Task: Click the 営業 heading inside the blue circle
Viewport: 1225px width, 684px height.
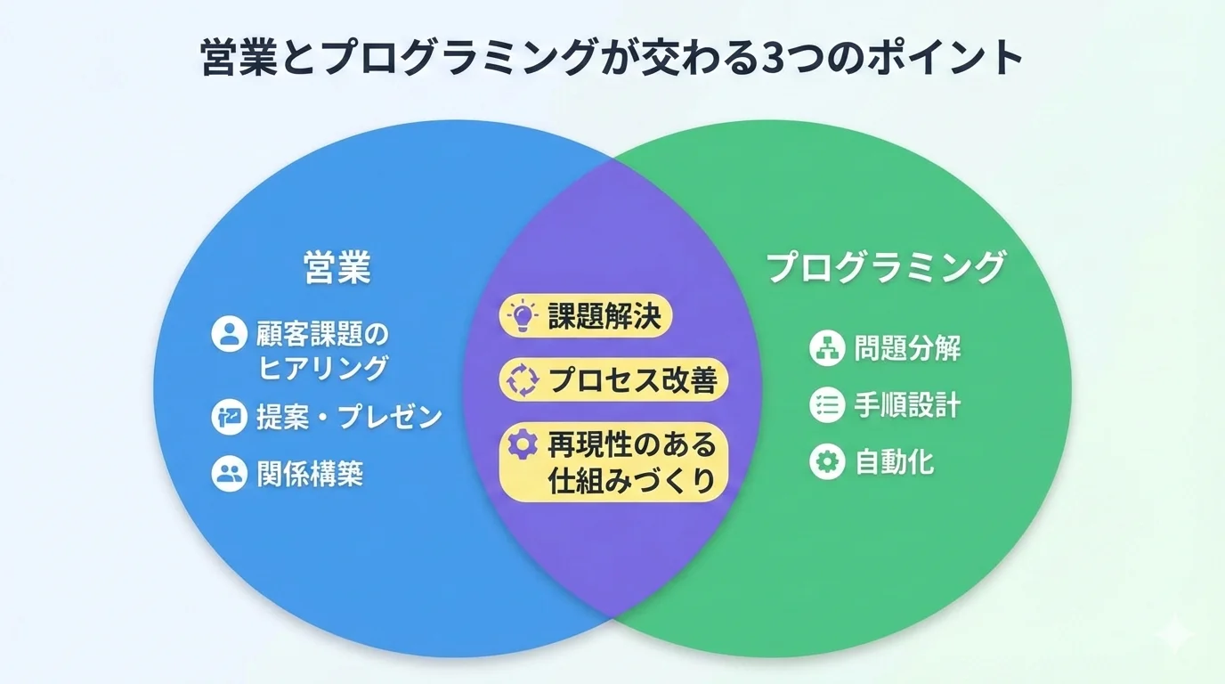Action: [x=337, y=267]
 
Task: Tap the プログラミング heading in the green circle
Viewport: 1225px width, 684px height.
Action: [x=886, y=267]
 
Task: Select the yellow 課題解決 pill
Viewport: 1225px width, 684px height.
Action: [x=586, y=316]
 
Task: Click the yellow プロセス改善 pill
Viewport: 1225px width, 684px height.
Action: [x=613, y=379]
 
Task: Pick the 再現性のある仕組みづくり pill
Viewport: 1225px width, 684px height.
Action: [x=613, y=462]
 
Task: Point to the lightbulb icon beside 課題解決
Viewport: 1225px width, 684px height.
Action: [x=523, y=316]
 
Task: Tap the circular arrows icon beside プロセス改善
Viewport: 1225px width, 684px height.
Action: [x=523, y=379]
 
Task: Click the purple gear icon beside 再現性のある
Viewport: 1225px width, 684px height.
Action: [x=523, y=444]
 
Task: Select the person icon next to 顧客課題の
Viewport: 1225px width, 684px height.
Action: [x=229, y=333]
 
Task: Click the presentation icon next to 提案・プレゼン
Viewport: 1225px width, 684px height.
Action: [x=229, y=417]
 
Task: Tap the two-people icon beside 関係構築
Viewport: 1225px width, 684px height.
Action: [x=229, y=473]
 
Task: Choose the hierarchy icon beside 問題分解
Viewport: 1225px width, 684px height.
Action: [x=827, y=348]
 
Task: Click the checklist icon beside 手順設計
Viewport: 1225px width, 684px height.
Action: [x=827, y=405]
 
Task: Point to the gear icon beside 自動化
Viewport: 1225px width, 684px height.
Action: [x=827, y=462]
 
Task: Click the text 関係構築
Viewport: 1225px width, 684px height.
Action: [x=310, y=474]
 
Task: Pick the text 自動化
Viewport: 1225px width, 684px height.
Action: [x=895, y=462]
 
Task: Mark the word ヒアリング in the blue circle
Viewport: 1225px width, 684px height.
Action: [x=322, y=368]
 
